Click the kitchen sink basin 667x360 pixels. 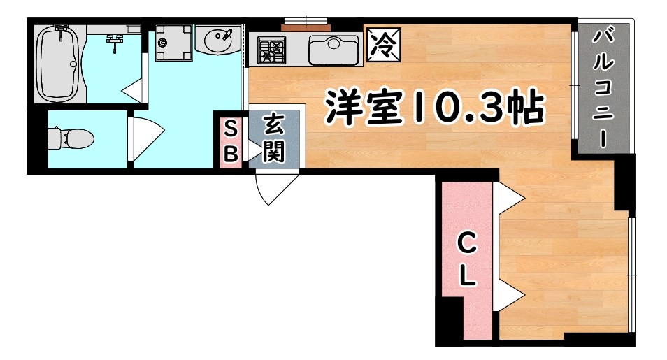[334, 50]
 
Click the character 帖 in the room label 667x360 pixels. [525, 108]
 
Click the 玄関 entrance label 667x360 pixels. [273, 139]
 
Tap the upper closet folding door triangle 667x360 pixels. [510, 199]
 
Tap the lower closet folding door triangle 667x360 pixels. [510, 296]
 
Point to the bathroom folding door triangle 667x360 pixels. [133, 89]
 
